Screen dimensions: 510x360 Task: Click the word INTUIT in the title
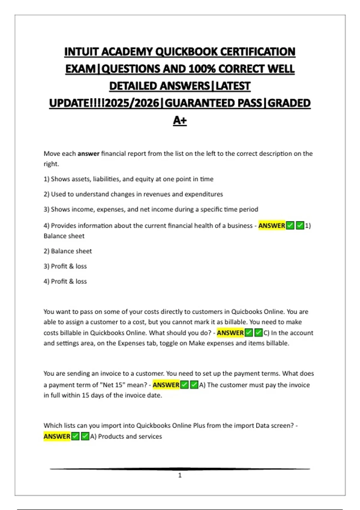click(x=82, y=52)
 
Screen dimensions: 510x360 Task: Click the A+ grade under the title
click(x=180, y=120)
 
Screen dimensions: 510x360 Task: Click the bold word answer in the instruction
click(x=88, y=154)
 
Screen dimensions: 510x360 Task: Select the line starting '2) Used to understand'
click(x=133, y=194)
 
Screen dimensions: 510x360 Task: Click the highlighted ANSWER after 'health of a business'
click(x=271, y=226)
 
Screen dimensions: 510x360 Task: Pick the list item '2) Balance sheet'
click(x=68, y=251)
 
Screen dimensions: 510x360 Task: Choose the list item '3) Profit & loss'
click(x=65, y=266)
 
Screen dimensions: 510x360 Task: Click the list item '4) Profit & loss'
click(x=65, y=281)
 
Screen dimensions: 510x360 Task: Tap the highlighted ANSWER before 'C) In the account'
click(x=230, y=333)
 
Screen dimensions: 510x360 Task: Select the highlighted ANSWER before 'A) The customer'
click(x=166, y=385)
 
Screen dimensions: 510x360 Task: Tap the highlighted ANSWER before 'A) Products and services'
click(x=57, y=436)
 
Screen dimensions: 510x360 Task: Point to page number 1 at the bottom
click(x=180, y=475)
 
